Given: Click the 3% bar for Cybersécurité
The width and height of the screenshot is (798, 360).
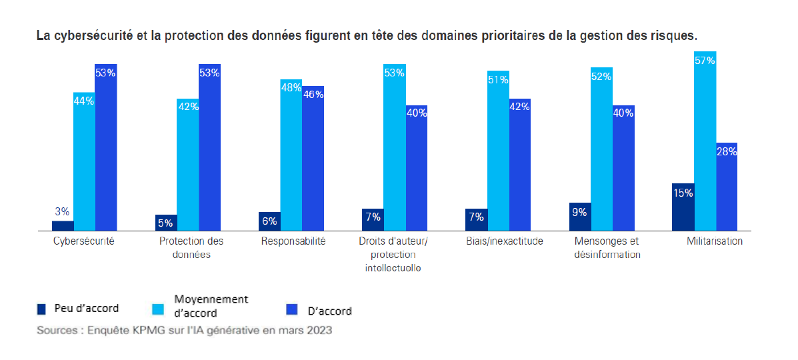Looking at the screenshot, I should tap(63, 225).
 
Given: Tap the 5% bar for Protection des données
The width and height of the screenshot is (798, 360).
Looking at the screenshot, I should tap(166, 223).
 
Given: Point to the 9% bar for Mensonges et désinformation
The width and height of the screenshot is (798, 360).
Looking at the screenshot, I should tap(579, 217).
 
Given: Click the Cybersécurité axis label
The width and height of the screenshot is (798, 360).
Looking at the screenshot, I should tap(84, 241).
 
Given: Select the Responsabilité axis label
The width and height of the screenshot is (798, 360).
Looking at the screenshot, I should tap(293, 241).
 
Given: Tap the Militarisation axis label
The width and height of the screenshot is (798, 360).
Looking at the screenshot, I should tap(715, 241).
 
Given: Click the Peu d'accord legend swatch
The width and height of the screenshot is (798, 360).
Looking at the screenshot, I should tap(41, 309).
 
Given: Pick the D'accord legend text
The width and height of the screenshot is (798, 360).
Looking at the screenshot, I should tap(329, 311).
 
